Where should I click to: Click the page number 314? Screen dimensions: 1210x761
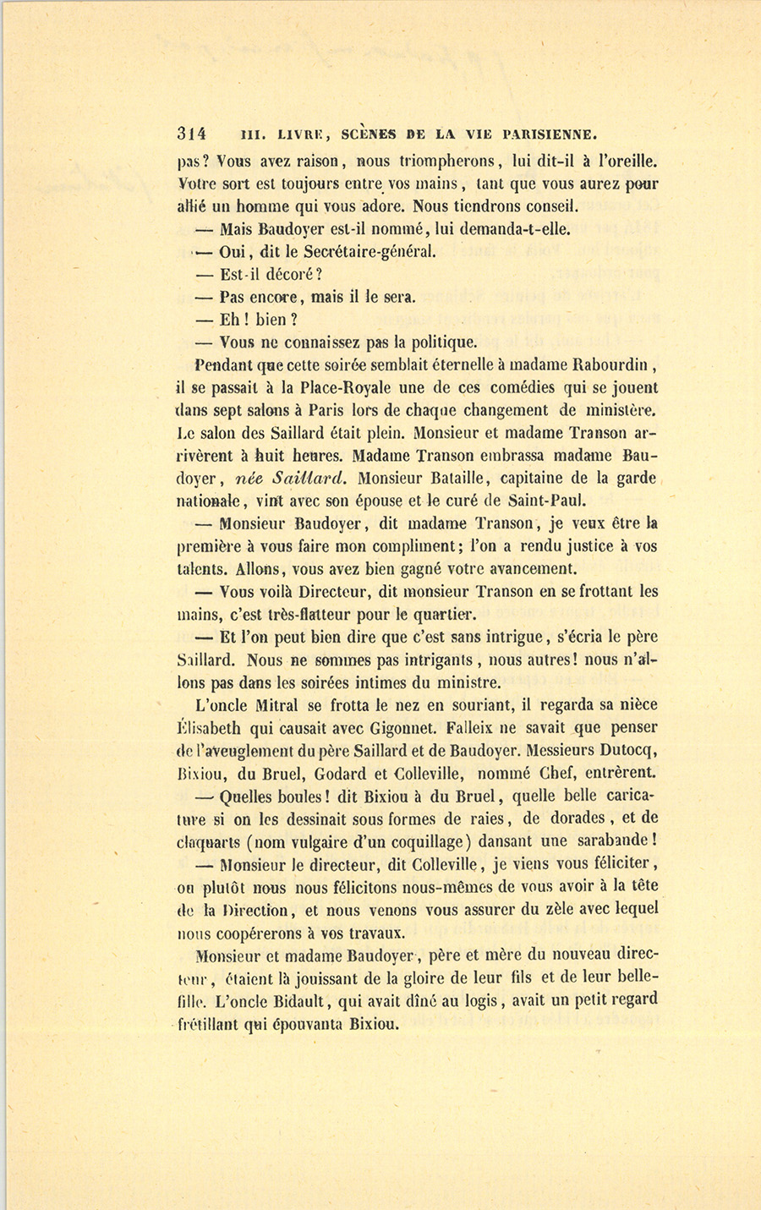click(193, 134)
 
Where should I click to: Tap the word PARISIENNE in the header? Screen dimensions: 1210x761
click(550, 134)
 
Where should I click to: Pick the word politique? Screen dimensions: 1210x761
click(444, 343)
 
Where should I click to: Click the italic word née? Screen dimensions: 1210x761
click(253, 479)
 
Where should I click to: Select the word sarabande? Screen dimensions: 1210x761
click(615, 841)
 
